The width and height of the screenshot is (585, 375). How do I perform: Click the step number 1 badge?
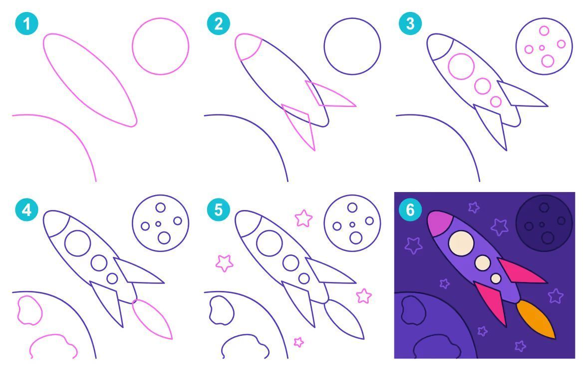point(26,23)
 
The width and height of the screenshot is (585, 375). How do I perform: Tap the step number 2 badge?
point(218,23)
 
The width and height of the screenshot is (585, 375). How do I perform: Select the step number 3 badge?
point(410,23)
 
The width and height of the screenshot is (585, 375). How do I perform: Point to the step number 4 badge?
point(26,209)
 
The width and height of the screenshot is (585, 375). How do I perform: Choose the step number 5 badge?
point(218,209)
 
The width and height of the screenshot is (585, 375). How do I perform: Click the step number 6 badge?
point(410,209)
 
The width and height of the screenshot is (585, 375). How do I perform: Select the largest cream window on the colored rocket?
point(461,243)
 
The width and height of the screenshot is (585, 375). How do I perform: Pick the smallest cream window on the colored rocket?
point(496,278)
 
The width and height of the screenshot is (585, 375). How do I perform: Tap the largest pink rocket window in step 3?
point(461,66)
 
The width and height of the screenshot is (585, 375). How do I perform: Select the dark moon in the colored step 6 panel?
point(544,223)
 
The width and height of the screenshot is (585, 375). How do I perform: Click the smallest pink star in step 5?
point(298,342)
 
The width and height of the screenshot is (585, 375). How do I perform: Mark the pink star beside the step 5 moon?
point(303,218)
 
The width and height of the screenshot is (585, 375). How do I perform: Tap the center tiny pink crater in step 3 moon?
point(542,48)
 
